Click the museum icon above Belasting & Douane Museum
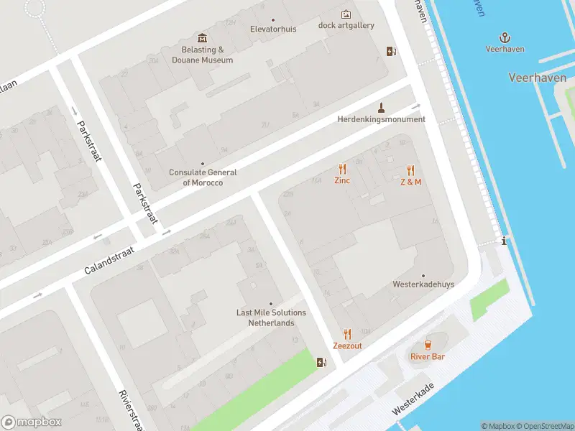point(202,38)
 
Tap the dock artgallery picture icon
point(346,14)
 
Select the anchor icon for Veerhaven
point(505,37)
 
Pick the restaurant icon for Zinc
point(342,170)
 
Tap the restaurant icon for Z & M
point(410,170)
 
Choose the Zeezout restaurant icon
point(347,334)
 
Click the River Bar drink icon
point(428,345)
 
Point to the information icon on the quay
point(505,241)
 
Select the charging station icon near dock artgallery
point(391,51)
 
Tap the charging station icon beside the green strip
point(321,361)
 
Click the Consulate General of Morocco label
point(203,177)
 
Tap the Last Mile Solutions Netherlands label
point(271,318)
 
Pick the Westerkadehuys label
point(423,284)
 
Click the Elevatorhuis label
point(272,29)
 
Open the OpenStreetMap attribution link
point(543,426)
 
